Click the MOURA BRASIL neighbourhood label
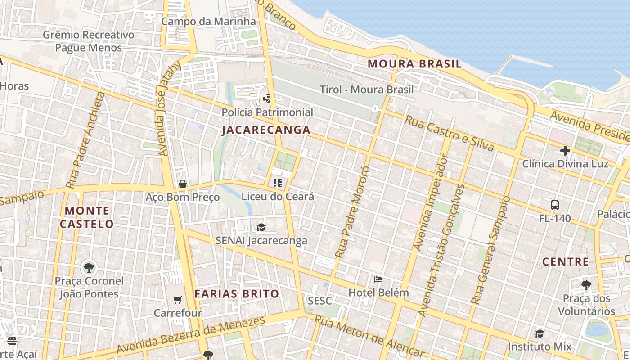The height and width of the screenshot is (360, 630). (414, 64)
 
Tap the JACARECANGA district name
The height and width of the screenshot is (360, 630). (266, 130)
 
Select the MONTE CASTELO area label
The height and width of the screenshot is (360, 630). (89, 217)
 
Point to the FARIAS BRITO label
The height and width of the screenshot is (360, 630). (237, 294)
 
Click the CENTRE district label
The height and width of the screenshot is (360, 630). (565, 261)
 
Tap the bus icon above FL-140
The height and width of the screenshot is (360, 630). (555, 205)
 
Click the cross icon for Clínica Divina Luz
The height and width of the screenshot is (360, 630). (565, 151)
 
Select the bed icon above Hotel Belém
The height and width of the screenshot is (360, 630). (378, 279)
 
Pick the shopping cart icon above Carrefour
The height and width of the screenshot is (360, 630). (178, 300)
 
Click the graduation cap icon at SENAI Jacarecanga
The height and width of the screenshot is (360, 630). (261, 228)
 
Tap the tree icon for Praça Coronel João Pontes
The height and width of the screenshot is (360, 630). (89, 268)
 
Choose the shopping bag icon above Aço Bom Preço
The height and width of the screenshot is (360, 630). (182, 184)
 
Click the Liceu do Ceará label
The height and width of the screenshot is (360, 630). (278, 197)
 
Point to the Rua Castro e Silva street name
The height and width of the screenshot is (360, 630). (449, 133)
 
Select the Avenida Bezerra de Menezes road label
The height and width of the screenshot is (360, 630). (191, 336)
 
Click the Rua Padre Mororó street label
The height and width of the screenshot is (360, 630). (352, 211)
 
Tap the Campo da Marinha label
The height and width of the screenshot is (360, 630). (208, 21)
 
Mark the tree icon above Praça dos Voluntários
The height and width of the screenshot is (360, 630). (586, 285)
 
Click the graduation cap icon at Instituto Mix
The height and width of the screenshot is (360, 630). (540, 333)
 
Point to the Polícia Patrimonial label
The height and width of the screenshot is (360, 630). (267, 112)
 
